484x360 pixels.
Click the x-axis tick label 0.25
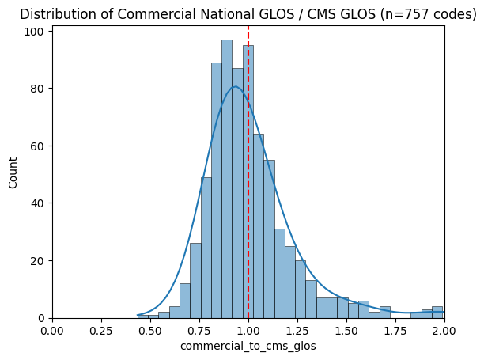click(x=101, y=330)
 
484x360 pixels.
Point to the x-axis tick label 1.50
click(x=346, y=330)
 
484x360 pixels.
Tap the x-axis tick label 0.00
click(x=52, y=330)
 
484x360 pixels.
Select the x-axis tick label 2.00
click(x=444, y=330)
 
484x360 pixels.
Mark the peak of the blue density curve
click(x=235, y=87)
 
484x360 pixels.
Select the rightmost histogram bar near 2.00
click(x=437, y=313)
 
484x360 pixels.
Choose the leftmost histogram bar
click(x=142, y=316)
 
